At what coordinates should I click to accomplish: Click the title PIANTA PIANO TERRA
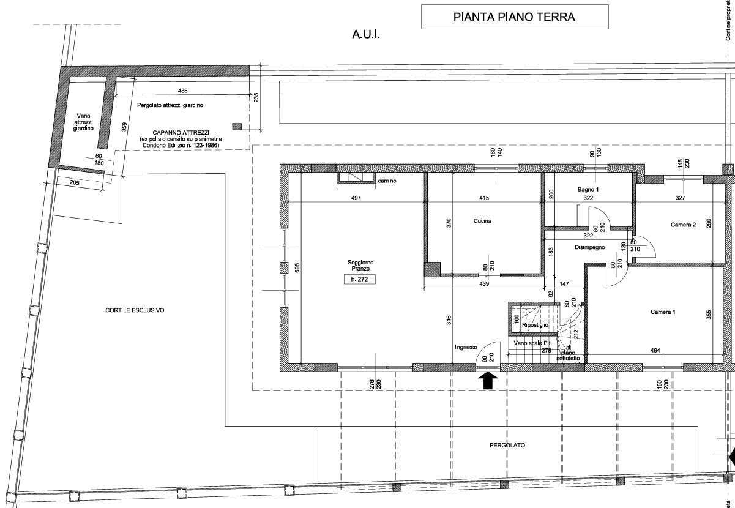[514, 17]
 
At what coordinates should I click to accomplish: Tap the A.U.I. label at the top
[366, 36]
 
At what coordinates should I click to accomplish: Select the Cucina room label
[482, 221]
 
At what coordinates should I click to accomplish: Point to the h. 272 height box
[360, 280]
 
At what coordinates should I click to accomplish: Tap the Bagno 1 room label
[588, 190]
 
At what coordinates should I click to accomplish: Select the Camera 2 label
[683, 225]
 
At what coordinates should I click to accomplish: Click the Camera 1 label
[663, 312]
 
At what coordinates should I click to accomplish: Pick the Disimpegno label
[589, 248]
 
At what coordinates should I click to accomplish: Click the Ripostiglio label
[535, 325]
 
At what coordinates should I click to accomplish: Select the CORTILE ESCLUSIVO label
[135, 310]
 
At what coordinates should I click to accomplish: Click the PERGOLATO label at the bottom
[507, 446]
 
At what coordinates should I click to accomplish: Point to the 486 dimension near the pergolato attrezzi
[182, 91]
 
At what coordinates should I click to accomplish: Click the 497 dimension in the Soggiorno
[356, 198]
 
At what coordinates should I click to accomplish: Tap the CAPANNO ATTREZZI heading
[181, 133]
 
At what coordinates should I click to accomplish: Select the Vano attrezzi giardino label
[84, 122]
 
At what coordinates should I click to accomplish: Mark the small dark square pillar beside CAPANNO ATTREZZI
[237, 127]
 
